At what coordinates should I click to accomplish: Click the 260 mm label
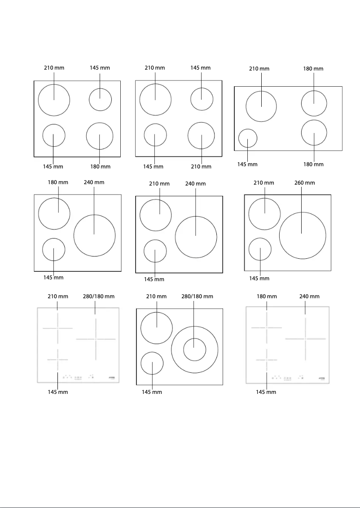(x=304, y=183)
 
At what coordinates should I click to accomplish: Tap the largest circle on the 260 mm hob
(x=303, y=235)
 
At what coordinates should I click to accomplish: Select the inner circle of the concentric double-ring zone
(x=194, y=349)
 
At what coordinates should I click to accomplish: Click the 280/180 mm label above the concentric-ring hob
(x=197, y=296)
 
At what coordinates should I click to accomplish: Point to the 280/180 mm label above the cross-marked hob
(x=99, y=296)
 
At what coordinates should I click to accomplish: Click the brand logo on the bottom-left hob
(x=114, y=378)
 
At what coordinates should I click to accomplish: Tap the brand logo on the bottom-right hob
(x=323, y=378)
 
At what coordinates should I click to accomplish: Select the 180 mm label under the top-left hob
(x=100, y=167)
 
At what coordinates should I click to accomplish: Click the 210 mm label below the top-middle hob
(x=201, y=167)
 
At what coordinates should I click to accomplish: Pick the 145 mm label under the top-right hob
(x=247, y=164)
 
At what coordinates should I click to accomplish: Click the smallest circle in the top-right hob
(x=247, y=138)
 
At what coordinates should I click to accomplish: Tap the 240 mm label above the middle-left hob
(x=94, y=182)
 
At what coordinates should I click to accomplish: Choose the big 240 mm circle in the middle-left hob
(x=94, y=235)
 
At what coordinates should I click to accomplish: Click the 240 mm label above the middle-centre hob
(x=195, y=184)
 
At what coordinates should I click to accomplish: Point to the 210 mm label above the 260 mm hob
(x=264, y=183)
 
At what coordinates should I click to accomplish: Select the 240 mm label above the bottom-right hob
(x=309, y=296)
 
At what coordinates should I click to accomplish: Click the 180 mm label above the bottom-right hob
(x=267, y=296)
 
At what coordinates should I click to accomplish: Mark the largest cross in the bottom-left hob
(x=96, y=339)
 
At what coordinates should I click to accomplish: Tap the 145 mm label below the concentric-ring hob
(x=152, y=392)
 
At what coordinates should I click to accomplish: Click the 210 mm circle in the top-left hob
(x=54, y=100)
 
